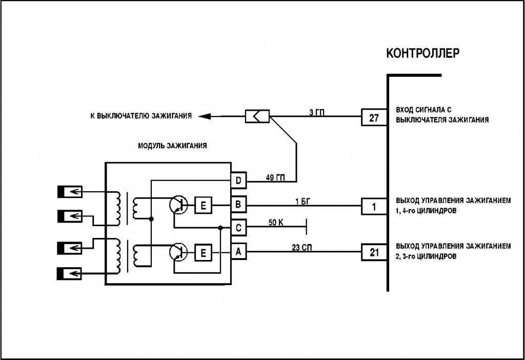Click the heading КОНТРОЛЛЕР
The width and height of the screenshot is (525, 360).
click(422, 53)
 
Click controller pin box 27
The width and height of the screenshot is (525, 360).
click(374, 117)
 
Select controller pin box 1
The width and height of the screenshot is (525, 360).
click(374, 207)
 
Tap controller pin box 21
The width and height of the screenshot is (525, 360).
click(374, 252)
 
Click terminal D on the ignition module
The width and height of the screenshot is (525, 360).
click(238, 181)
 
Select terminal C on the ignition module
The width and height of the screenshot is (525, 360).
click(238, 227)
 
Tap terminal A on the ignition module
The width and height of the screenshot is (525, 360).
click(238, 252)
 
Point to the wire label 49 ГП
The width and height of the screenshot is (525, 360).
click(275, 178)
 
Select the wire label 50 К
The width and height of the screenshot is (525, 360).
click(277, 223)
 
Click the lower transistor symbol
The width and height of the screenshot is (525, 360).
click(178, 252)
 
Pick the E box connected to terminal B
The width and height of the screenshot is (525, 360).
click(203, 206)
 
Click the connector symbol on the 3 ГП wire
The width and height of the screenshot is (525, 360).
click(257, 117)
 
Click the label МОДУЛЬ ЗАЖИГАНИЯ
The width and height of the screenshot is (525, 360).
click(172, 146)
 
